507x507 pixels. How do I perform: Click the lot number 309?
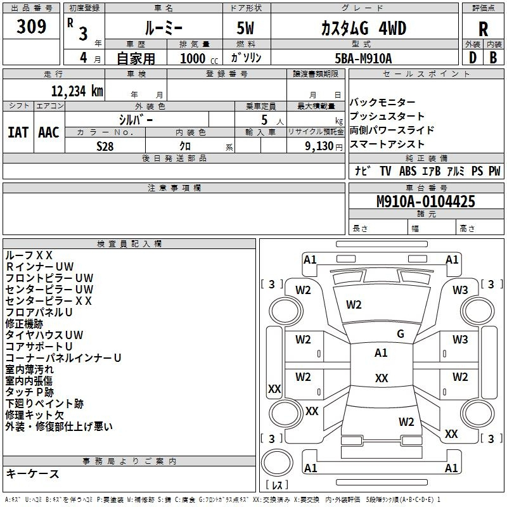click(31, 26)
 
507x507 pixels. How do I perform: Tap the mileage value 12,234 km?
click(77, 91)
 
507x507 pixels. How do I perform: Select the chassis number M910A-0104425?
click(426, 202)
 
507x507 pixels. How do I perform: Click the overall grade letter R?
click(483, 29)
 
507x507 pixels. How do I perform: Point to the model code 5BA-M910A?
click(363, 58)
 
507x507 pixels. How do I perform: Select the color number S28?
click(105, 146)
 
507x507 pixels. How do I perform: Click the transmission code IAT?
click(18, 132)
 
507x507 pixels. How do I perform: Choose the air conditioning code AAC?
click(49, 132)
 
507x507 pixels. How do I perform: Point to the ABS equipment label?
click(408, 170)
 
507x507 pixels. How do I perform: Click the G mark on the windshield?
click(401, 334)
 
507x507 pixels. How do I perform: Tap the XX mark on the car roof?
click(382, 378)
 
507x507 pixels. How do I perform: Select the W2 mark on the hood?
click(354, 305)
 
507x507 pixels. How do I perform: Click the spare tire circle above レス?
click(277, 463)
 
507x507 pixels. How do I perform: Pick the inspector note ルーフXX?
click(29, 255)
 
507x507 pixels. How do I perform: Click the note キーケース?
click(32, 473)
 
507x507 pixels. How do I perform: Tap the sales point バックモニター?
click(383, 102)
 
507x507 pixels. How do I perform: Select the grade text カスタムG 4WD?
click(364, 29)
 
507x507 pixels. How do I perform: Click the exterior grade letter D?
click(473, 58)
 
